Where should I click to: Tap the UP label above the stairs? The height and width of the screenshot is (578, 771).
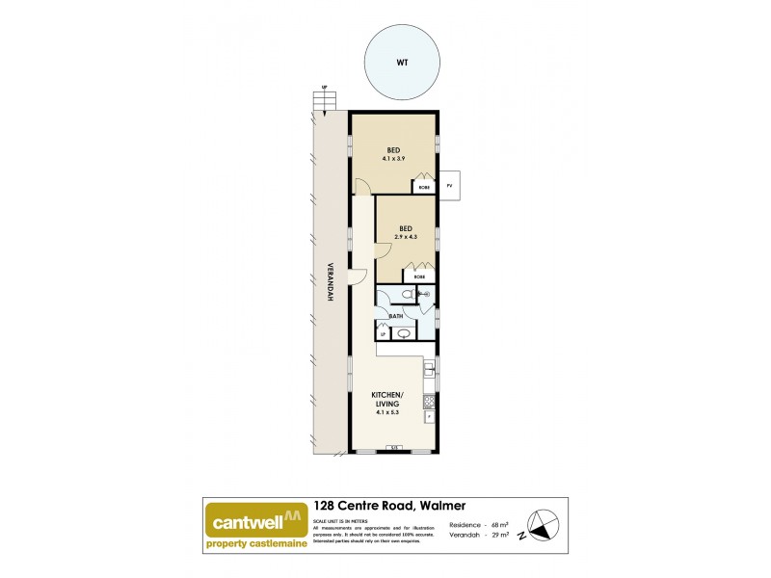click(325, 89)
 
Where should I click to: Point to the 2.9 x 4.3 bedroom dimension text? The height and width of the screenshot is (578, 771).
click(406, 236)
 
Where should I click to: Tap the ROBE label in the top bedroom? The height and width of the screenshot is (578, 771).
click(423, 186)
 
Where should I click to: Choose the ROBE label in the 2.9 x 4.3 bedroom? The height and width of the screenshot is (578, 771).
click(419, 276)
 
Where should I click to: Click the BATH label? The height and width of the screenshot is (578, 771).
click(395, 316)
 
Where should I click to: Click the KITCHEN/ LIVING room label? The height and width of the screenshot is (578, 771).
click(388, 401)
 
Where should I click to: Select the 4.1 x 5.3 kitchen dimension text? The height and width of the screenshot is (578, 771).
click(388, 414)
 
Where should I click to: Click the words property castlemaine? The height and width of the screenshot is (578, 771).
click(256, 543)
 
